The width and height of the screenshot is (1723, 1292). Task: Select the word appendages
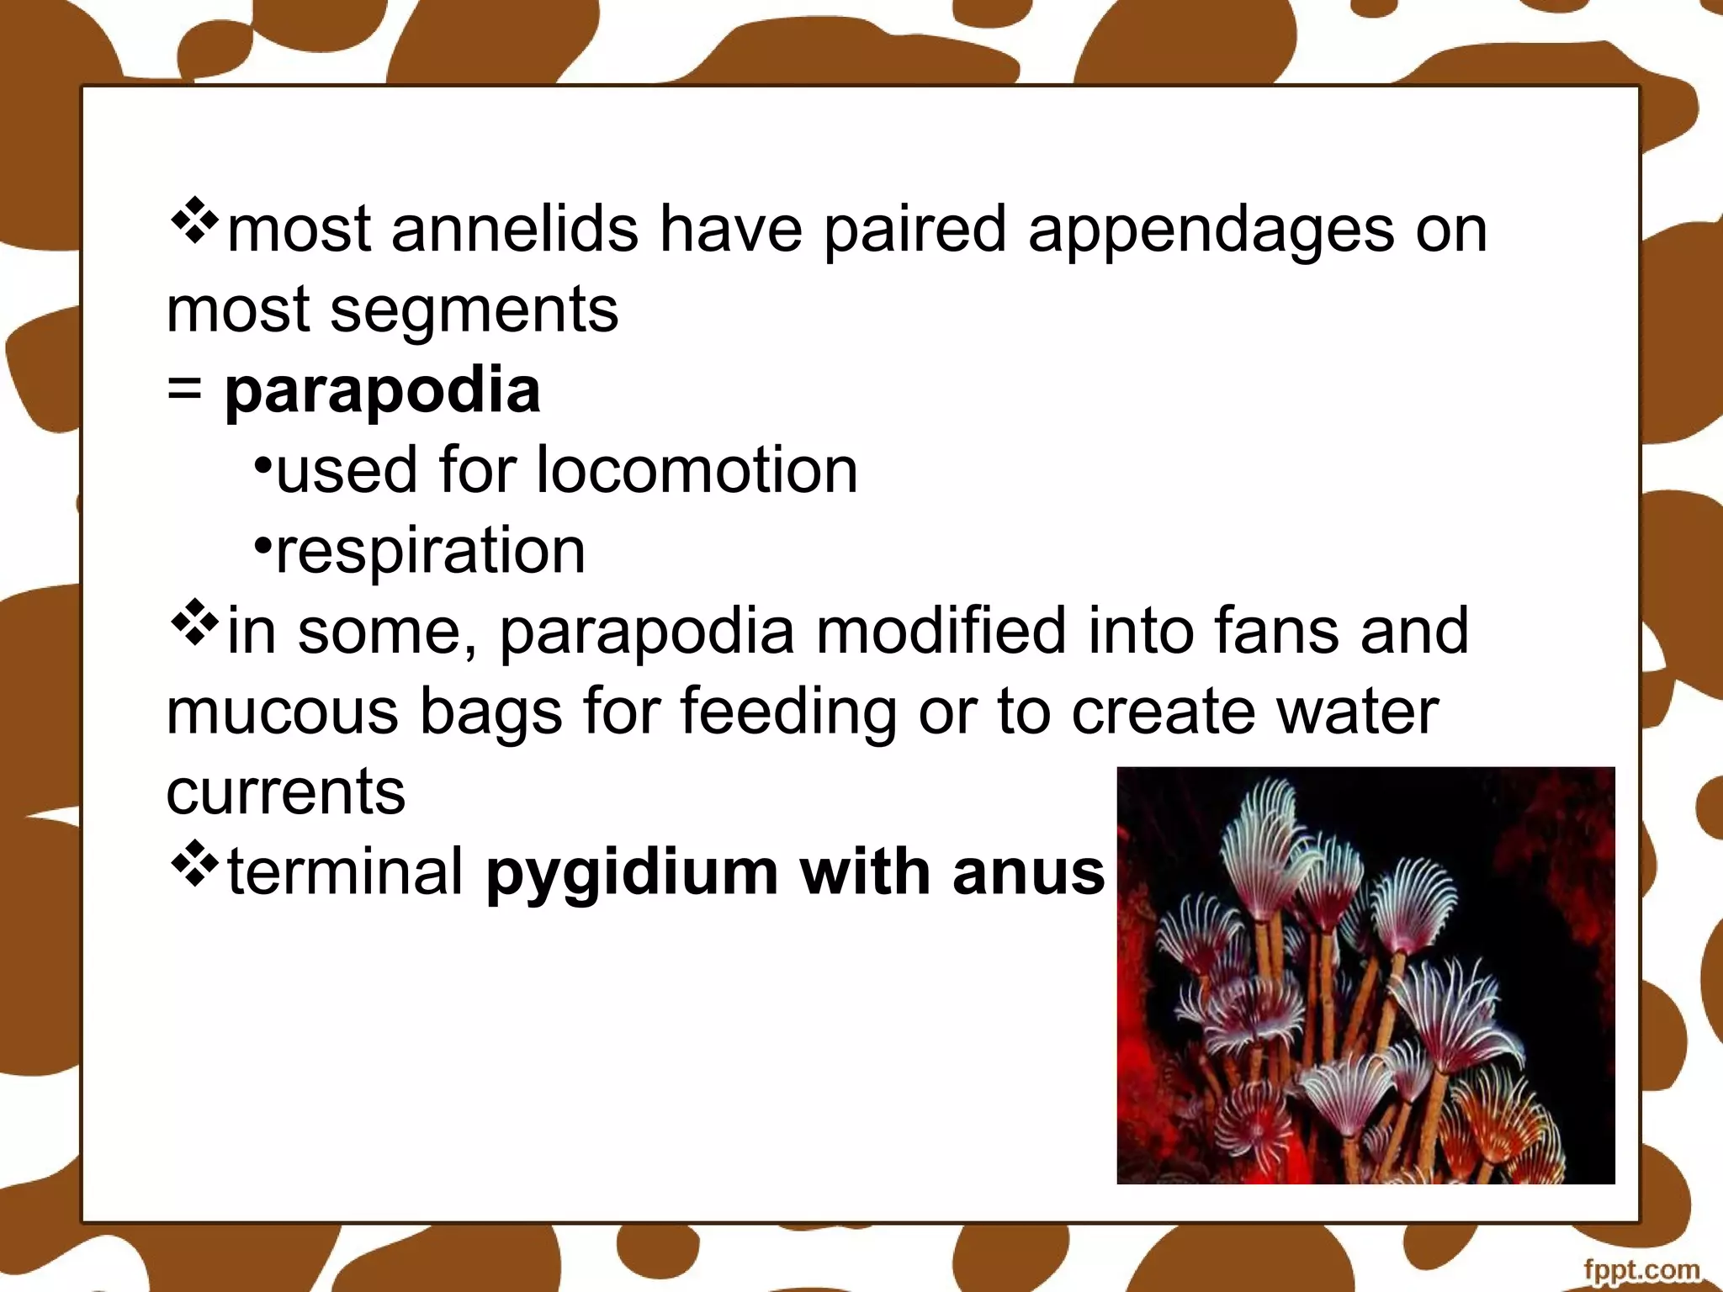click(x=1211, y=230)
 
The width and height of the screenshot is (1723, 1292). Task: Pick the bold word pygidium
click(x=632, y=872)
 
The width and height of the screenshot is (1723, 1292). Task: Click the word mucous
click(x=282, y=712)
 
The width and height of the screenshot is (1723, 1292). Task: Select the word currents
click(x=286, y=792)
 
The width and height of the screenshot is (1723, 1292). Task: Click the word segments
click(x=474, y=310)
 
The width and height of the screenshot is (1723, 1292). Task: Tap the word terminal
click(x=346, y=871)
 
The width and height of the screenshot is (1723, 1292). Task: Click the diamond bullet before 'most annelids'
click(x=194, y=221)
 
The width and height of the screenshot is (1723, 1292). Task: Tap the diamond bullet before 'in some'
click(x=194, y=622)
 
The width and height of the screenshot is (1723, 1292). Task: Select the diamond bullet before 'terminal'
click(x=194, y=864)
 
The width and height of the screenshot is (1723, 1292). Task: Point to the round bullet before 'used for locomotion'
click(x=262, y=464)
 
